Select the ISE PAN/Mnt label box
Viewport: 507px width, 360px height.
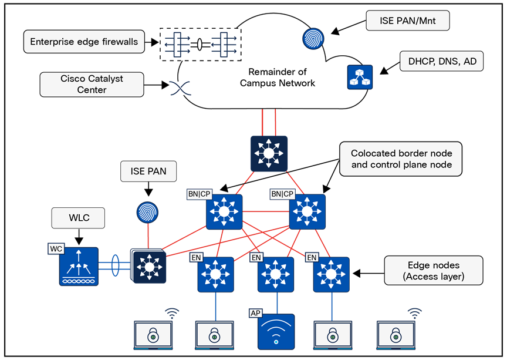[x=408, y=22]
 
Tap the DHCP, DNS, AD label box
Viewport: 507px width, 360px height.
[x=442, y=60]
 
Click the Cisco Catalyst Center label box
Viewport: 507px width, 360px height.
[x=92, y=84]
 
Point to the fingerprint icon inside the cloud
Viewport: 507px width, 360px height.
[x=313, y=38]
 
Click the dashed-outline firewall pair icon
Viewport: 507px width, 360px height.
[x=200, y=44]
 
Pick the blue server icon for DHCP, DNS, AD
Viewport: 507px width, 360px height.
[x=360, y=77]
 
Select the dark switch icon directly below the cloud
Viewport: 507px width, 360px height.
[x=269, y=154]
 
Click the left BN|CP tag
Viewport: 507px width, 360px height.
[x=200, y=194]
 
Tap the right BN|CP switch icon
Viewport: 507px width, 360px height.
[x=307, y=211]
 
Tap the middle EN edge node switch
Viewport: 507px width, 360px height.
[x=276, y=274]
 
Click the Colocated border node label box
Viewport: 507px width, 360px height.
[x=401, y=159]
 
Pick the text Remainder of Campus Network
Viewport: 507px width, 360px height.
[x=278, y=78]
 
